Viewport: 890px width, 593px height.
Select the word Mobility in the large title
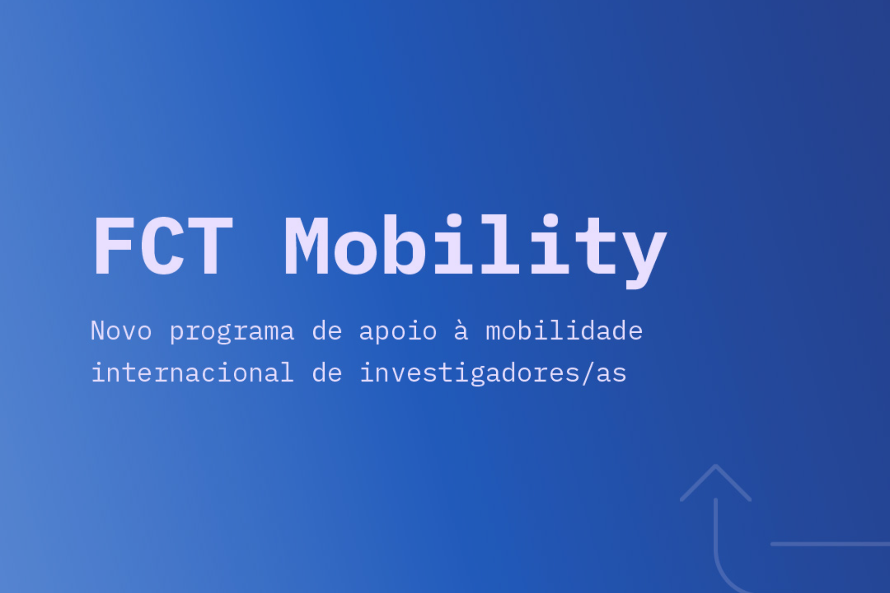pyautogui.click(x=475, y=251)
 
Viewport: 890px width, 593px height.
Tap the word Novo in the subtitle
pyautogui.click(x=121, y=331)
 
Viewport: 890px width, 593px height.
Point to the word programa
pyautogui.click(x=232, y=333)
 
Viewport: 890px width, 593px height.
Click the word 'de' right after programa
pyautogui.click(x=327, y=331)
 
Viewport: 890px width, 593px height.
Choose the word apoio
pyautogui.click(x=398, y=332)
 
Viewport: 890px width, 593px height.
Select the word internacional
pyautogui.click(x=193, y=372)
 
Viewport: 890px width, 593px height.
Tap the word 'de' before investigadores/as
pyautogui.click(x=327, y=372)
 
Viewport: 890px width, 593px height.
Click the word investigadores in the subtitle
pyautogui.click(x=469, y=373)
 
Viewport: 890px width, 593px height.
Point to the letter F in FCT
pyautogui.click(x=114, y=246)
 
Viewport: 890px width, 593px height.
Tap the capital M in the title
pyautogui.click(x=306, y=246)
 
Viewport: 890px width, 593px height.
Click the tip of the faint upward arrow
pyautogui.click(x=716, y=465)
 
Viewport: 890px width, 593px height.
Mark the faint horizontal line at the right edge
pyautogui.click(x=830, y=544)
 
